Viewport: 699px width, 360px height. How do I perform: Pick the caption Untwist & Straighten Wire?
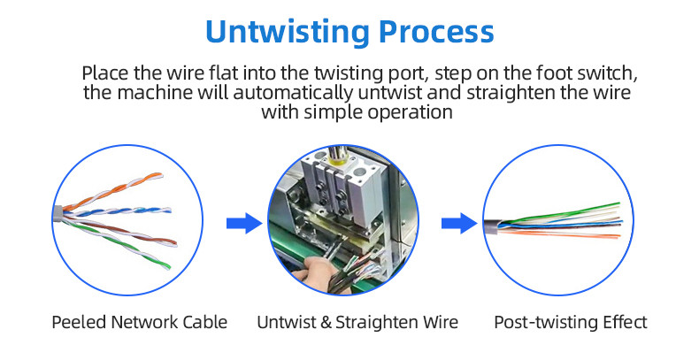357,322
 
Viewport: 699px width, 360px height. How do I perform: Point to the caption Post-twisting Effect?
570,322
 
